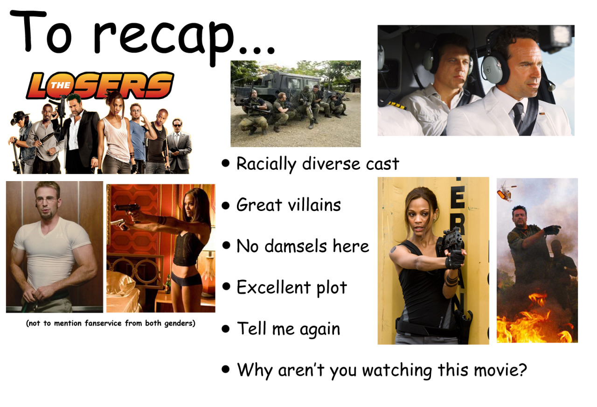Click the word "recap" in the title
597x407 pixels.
point(164,40)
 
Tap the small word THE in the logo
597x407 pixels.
point(61,85)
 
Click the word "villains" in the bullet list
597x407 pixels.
point(314,205)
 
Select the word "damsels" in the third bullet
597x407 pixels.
point(296,246)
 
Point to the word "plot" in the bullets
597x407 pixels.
point(332,288)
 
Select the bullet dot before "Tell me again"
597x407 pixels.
point(226,329)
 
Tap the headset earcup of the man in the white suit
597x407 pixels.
point(492,71)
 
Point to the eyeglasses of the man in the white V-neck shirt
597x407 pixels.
point(47,200)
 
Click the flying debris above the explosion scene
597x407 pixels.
point(506,191)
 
